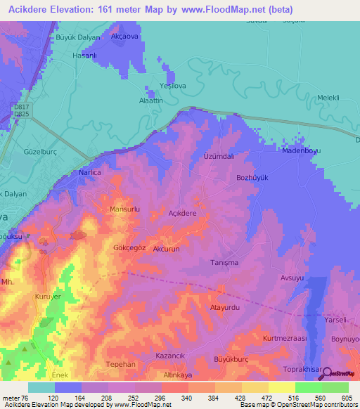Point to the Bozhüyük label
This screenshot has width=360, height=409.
[x=252, y=178]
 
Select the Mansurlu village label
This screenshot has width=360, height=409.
[x=126, y=209]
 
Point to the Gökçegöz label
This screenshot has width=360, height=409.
[x=129, y=248]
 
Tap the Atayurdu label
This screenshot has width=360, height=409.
[x=226, y=308]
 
